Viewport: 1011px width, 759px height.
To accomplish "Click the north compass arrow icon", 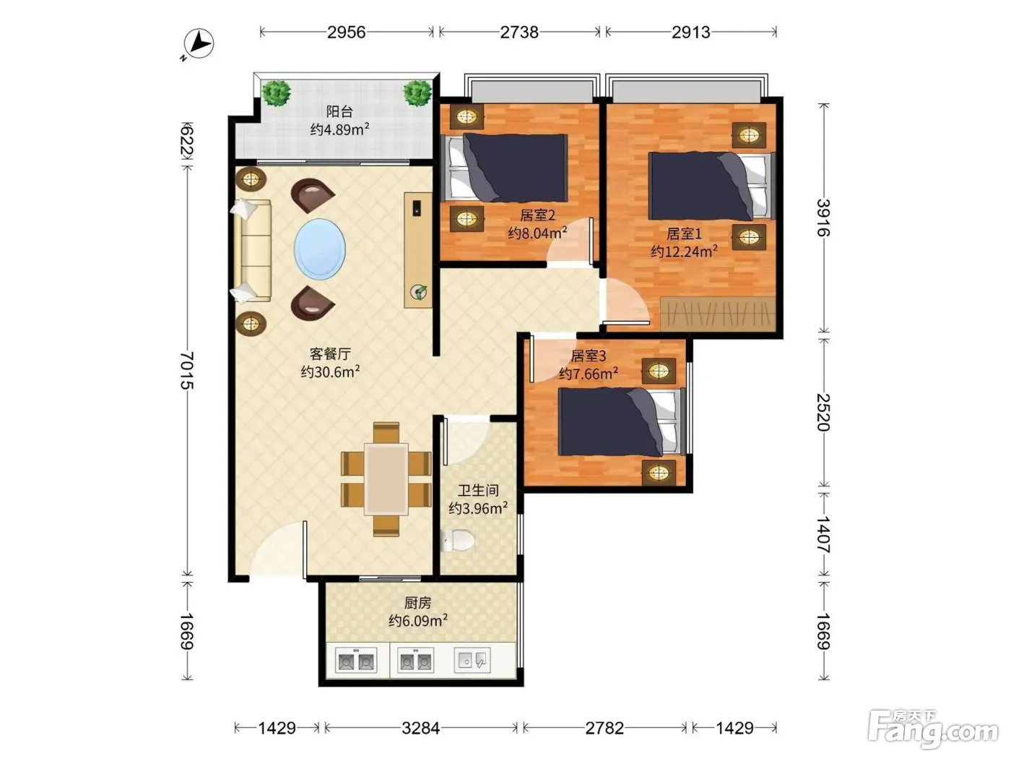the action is (199, 44).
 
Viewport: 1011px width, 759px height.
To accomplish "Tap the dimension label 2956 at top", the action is (347, 33).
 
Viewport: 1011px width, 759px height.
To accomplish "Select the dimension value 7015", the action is (186, 371).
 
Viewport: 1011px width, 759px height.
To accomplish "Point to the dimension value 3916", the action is (823, 218).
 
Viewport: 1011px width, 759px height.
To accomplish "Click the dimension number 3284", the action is (420, 728).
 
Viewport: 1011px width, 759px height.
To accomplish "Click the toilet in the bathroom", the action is (457, 540).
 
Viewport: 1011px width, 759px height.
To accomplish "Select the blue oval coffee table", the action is (320, 249).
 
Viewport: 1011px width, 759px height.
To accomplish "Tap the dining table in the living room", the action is (386, 479).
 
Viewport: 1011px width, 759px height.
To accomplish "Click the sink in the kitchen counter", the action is (472, 661).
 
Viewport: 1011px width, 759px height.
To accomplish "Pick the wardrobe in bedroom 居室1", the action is (718, 314).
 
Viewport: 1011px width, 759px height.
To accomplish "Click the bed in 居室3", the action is (622, 421).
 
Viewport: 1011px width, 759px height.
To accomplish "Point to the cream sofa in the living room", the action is (253, 251).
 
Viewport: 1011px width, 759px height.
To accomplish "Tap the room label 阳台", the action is (339, 111).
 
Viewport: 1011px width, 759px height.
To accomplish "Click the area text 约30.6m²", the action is (330, 372).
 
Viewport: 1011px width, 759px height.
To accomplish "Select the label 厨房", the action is (417, 602).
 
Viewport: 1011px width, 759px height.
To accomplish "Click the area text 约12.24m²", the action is (684, 251).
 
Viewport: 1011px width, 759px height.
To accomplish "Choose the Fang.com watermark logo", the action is (933, 729).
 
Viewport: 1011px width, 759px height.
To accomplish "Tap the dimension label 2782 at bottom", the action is (604, 728).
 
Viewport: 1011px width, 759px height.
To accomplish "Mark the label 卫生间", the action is (478, 490).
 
